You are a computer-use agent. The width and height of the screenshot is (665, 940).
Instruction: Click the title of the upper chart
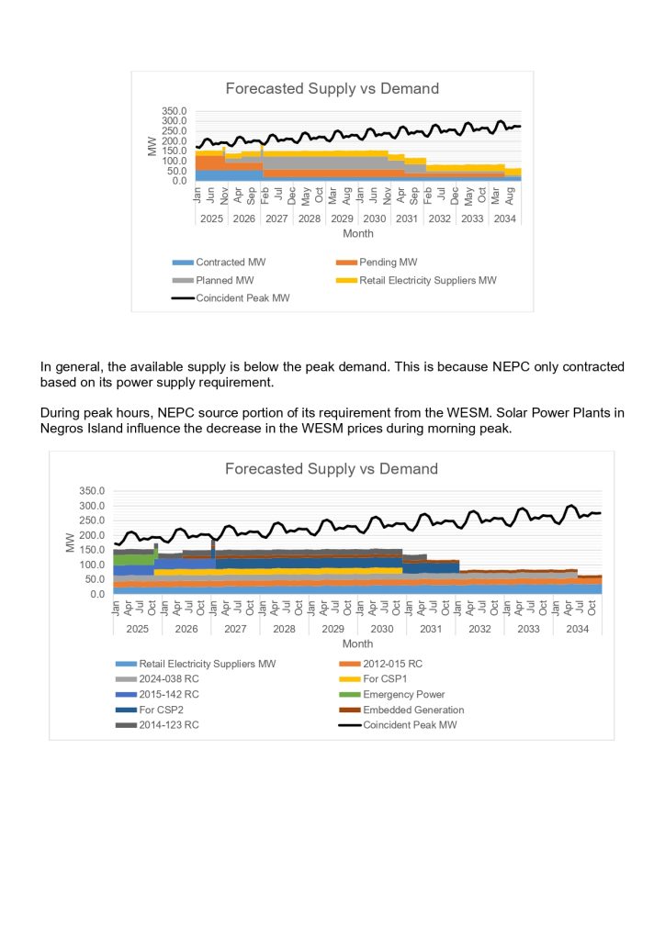pyautogui.click(x=332, y=89)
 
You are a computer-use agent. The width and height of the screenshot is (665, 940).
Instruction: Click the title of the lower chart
pyautogui.click(x=332, y=469)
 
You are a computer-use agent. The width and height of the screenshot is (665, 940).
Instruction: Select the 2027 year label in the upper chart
pyautogui.click(x=276, y=218)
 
